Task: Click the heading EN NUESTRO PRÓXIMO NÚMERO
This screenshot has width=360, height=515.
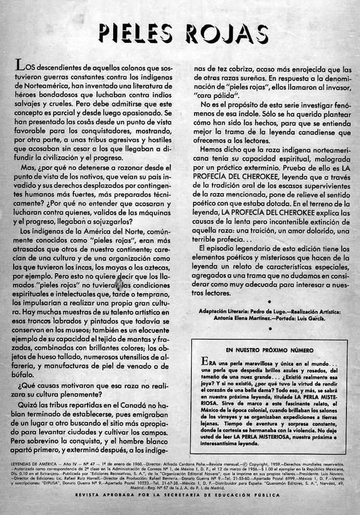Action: coord(269,350)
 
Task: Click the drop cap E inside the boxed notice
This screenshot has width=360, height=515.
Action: coord(204,361)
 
